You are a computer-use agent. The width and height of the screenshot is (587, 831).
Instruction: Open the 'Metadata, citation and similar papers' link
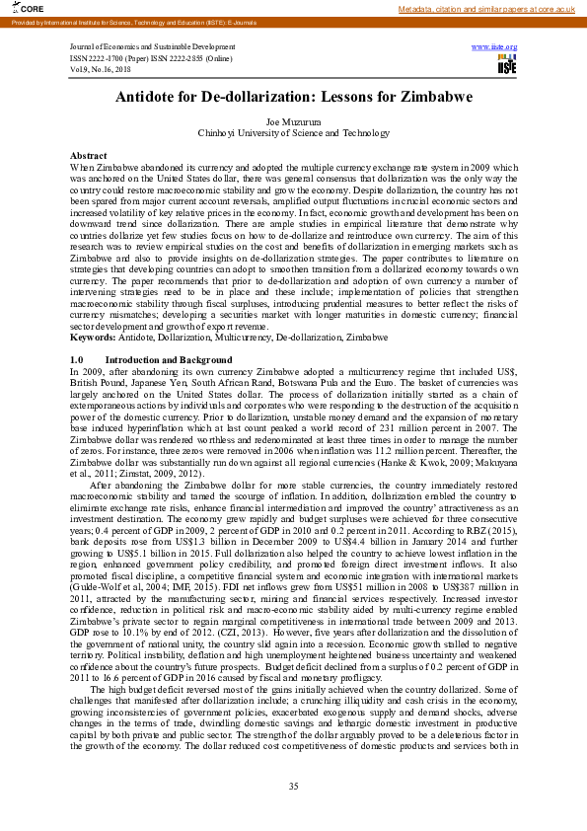tap(485, 9)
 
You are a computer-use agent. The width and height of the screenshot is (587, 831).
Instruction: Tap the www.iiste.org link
tap(494, 46)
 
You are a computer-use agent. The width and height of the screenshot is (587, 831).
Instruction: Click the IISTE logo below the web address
tap(507, 65)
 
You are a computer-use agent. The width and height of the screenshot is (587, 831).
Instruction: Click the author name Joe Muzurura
tap(294, 120)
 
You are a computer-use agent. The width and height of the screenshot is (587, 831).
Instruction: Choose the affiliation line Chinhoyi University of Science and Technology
tap(294, 132)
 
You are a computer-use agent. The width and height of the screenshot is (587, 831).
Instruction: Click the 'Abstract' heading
tap(89, 156)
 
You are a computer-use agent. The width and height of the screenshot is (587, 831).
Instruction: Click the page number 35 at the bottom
tap(293, 786)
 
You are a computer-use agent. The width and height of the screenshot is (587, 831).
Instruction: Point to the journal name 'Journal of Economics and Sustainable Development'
tap(152, 46)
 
